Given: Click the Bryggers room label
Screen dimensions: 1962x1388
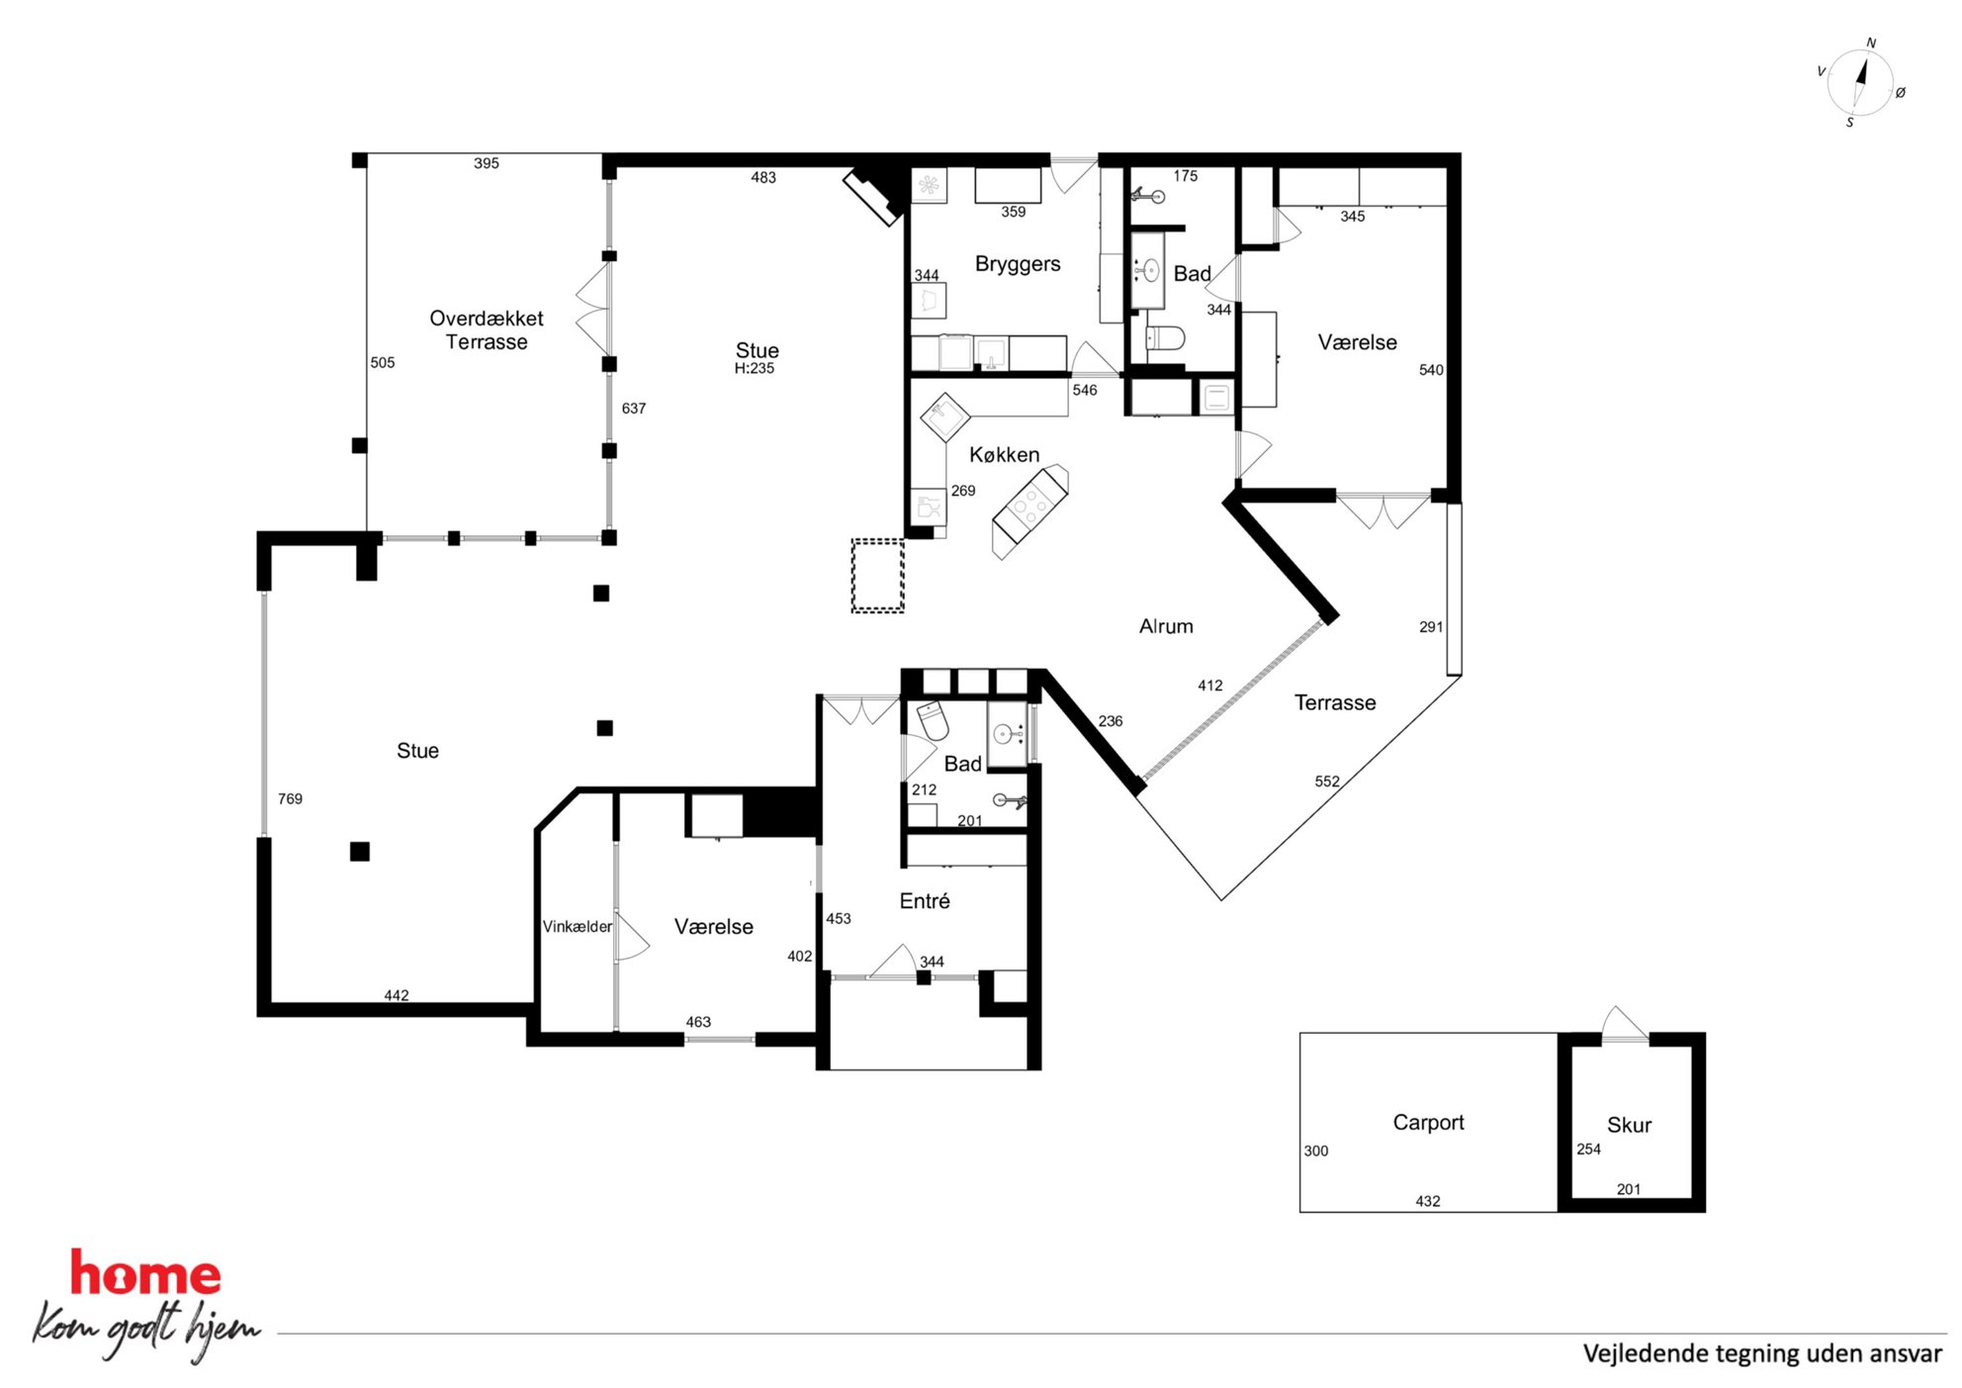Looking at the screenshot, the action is point(1018,264).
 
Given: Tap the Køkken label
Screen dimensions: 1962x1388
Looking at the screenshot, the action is point(1004,454).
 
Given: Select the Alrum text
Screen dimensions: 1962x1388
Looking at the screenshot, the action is point(1166,626).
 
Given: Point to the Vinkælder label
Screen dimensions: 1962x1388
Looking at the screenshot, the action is point(577,926).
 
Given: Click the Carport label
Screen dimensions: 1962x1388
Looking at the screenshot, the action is point(1428,1123).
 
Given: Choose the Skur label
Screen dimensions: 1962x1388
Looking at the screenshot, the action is point(1629,1125).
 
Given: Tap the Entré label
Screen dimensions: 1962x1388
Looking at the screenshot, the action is point(925,900).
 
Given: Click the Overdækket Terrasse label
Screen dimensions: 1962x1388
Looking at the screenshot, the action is point(487,329).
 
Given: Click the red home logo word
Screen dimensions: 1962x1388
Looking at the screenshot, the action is point(145,1274).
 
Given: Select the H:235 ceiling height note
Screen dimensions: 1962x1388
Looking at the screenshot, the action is point(755,368).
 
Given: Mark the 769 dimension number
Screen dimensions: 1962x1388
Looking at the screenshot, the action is point(290,798).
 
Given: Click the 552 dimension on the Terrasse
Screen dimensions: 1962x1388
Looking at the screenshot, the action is point(1327,782).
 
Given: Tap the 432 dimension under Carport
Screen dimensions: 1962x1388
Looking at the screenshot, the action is point(1428,1201).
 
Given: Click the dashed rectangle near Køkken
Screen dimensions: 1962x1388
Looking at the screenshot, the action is point(878,576).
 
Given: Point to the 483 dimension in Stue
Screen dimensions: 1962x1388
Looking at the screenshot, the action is point(763,178).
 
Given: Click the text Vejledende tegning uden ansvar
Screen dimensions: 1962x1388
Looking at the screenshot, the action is point(1762,1353).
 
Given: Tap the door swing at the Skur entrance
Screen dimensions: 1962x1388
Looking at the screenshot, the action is point(1624,1023).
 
